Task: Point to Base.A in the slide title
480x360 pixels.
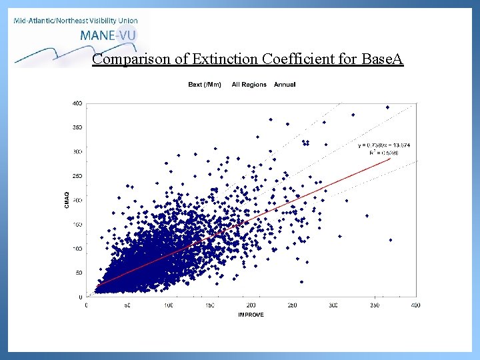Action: pos(381,59)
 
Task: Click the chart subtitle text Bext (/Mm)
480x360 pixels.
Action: pos(206,85)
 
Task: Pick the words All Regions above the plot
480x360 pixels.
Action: pos(249,85)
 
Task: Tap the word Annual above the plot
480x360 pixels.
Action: pos(285,85)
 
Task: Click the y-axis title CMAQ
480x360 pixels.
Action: pos(66,199)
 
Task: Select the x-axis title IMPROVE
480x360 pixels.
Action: pos(251,315)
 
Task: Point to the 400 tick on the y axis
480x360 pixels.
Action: pos(77,103)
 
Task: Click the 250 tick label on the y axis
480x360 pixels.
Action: pos(77,176)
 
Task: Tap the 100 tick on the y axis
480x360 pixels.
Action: pos(77,249)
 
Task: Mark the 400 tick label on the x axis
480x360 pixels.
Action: pos(416,305)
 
